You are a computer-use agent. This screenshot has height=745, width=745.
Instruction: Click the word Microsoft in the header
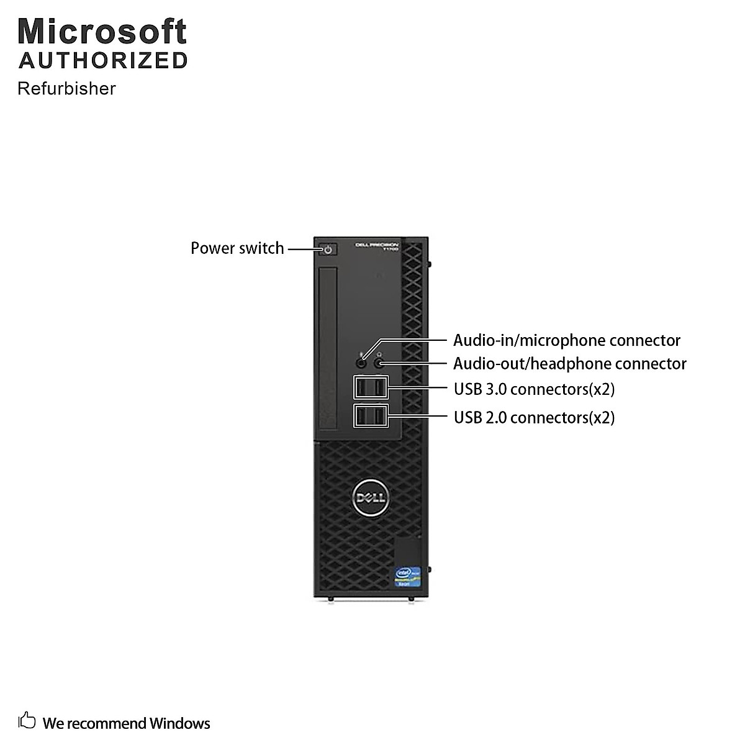[102, 31]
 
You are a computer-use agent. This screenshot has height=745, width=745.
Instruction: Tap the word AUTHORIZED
[103, 61]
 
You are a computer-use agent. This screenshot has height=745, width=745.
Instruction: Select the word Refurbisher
[66, 88]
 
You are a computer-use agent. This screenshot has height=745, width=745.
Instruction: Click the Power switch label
[237, 248]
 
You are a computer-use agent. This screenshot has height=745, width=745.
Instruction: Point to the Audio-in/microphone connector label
[566, 340]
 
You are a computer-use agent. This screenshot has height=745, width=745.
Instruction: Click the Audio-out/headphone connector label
[569, 364]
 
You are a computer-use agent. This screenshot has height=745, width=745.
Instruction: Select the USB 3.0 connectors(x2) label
[534, 389]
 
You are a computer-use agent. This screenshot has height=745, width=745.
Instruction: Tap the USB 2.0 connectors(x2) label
[534, 417]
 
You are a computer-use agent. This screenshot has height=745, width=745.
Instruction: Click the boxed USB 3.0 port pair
[371, 388]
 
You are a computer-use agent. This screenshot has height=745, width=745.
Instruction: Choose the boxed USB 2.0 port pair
[371, 415]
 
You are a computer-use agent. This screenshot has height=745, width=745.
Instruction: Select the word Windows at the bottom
[179, 723]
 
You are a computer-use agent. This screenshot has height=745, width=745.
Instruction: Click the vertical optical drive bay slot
[328, 351]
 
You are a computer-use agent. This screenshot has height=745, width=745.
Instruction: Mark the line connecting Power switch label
[304, 250]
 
